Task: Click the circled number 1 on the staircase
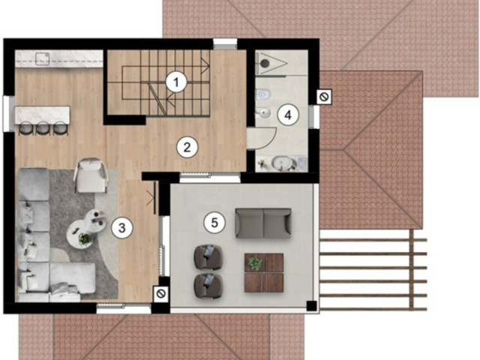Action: (x=175, y=82)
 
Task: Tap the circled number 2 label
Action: (x=187, y=147)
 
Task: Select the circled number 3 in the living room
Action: (x=121, y=228)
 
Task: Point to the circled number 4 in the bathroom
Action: (x=288, y=115)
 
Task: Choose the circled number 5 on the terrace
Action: (x=214, y=223)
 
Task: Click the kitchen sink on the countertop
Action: (x=42, y=58)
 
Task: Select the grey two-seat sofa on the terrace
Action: (x=263, y=223)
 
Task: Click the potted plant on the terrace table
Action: (x=255, y=263)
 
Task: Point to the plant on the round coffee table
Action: (x=85, y=238)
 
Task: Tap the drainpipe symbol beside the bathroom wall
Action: (x=324, y=97)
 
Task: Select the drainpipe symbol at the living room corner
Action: (x=160, y=293)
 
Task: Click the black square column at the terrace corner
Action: (x=312, y=305)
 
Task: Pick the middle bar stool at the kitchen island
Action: (x=43, y=128)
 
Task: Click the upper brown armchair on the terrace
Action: (x=208, y=256)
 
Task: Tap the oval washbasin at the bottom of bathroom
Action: (x=280, y=163)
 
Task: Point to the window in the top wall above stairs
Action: (x=225, y=43)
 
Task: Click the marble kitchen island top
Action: (x=43, y=115)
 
